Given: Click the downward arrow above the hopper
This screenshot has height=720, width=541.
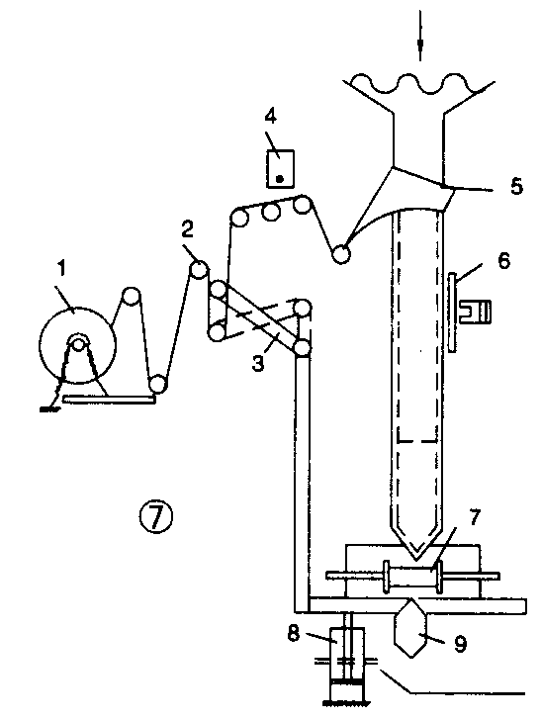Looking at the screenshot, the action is pos(420,36).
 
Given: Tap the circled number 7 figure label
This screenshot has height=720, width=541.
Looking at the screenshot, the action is pos(156,516).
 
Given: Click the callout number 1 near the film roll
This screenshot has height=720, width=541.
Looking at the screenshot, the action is pos(61,269).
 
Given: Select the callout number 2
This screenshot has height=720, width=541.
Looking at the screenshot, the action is pos(187,229).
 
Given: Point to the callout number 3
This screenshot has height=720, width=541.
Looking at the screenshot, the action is pos(258,363).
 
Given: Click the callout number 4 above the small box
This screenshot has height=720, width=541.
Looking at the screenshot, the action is pos(271,117).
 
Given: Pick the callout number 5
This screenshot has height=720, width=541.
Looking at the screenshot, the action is pos(517,186).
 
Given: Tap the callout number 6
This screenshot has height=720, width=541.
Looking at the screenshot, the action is pos(503,261).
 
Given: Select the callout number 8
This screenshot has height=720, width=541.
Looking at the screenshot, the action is pos(294,633).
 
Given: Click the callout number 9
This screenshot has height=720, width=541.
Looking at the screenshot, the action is pos(461,644).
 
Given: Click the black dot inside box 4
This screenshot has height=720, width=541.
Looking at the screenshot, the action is pos(279,179).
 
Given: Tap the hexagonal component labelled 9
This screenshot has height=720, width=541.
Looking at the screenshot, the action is pos(411,628).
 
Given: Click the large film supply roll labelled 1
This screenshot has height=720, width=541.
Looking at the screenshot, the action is pos(77,345).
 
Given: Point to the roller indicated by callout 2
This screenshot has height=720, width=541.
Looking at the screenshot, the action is pos(200,269).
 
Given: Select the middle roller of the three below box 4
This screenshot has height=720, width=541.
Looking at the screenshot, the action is pos(270,212).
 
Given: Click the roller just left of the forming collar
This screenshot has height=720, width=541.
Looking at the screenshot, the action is pos(341,254).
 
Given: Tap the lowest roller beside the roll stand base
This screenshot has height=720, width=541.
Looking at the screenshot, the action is pos(157,384).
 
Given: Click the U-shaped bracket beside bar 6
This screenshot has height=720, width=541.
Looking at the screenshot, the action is pos(475,312).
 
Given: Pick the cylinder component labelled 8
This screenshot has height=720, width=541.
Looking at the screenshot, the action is pos(348,662).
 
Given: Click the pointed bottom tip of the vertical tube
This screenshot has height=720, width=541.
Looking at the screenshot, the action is pos(416,560).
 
